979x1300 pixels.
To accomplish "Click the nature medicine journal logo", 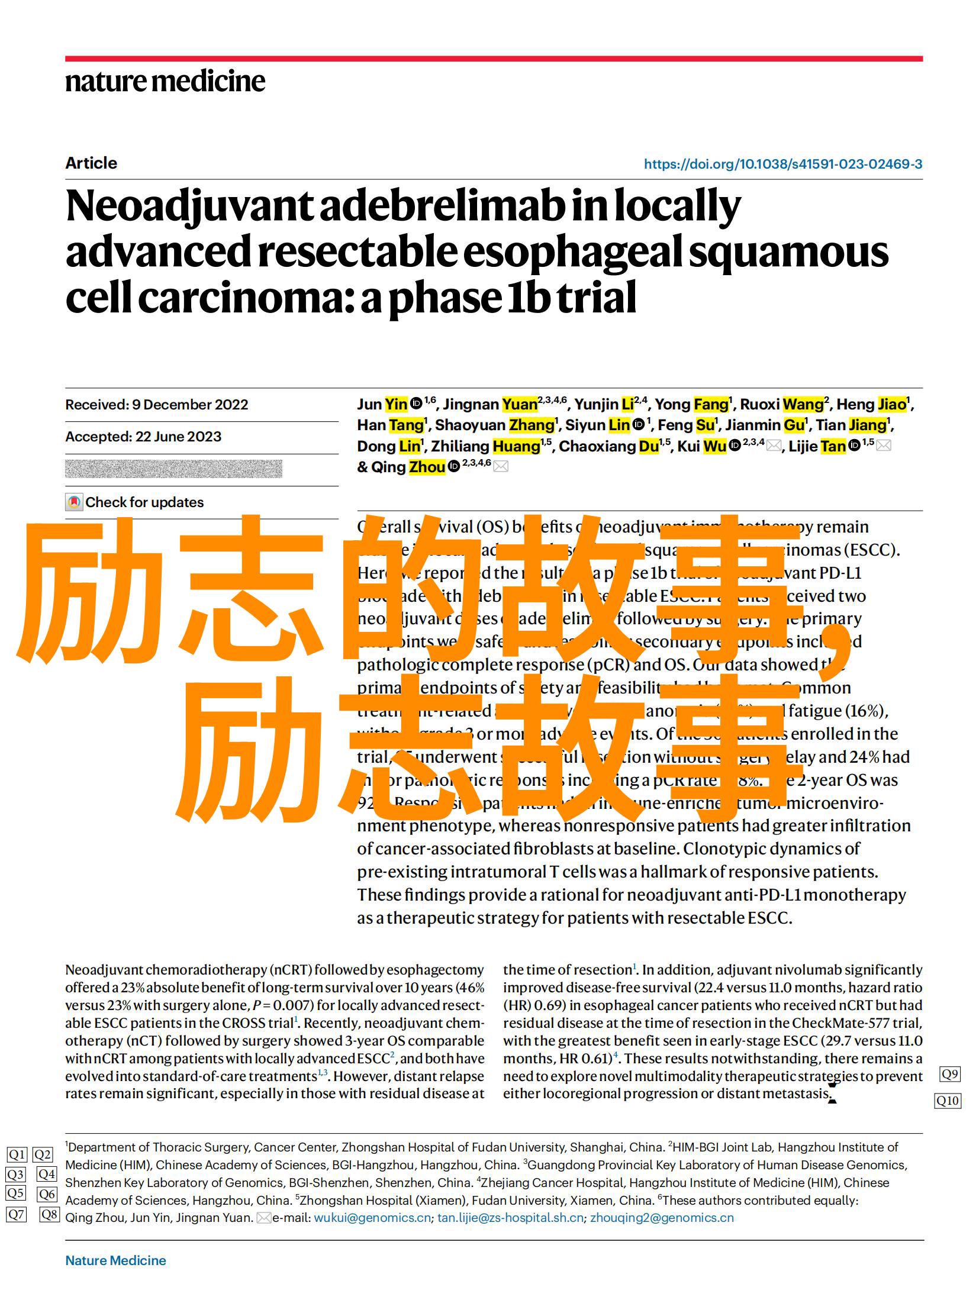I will (165, 82).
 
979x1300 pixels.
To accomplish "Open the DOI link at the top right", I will (782, 164).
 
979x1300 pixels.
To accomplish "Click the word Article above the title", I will (91, 164).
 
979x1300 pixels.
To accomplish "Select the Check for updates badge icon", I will (74, 502).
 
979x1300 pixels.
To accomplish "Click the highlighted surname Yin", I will (396, 405).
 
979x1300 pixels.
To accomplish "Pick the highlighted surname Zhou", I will (427, 467).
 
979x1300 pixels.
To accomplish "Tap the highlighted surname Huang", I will (516, 446).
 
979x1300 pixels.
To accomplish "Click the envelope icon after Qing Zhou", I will (501, 467).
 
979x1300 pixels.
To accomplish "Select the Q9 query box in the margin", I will (949, 1074).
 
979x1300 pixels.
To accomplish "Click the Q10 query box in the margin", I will (948, 1101).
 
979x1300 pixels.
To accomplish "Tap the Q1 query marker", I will (17, 1154).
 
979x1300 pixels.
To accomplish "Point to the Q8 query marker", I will (50, 1215).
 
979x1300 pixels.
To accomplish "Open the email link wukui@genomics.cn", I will (372, 1218).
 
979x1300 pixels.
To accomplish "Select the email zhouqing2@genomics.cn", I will (662, 1218).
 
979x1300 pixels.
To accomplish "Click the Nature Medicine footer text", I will (115, 1261).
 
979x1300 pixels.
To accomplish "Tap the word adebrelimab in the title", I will (440, 207).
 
